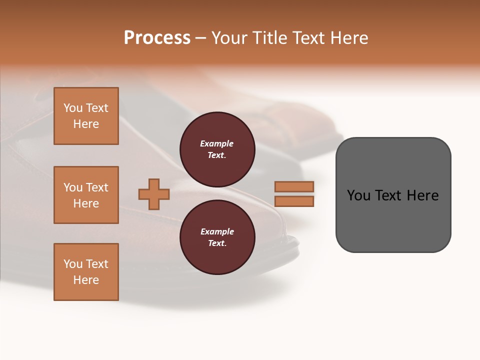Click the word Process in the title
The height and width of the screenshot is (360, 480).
pos(157,38)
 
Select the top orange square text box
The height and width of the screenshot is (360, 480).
pos(86,116)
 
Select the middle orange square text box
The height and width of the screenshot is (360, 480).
pos(86,195)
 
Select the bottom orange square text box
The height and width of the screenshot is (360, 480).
pos(86,272)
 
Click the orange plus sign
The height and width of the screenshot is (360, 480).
pos(154,194)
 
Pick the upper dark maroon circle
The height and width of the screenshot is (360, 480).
pos(217,149)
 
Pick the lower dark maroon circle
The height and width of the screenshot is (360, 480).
pos(217,237)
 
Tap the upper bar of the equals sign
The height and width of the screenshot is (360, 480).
pos(294,186)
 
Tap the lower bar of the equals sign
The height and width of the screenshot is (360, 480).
pos(294,201)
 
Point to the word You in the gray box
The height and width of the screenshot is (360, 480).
pos(358,195)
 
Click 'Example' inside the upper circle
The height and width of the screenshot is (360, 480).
pos(216,143)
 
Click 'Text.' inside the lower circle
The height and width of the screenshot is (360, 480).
pos(217,243)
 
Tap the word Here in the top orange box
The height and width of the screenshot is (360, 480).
pos(86,124)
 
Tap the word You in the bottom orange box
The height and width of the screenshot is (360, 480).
pos(73,264)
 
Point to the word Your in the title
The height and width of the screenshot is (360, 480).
pos(229,38)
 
